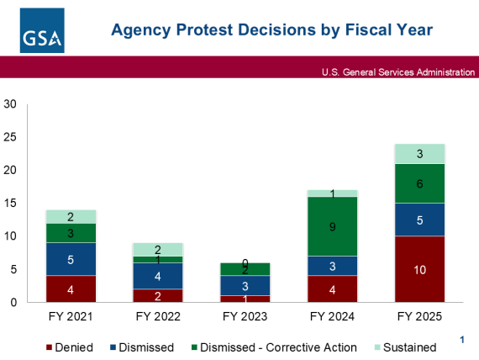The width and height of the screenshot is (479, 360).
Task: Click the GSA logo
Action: [43, 31]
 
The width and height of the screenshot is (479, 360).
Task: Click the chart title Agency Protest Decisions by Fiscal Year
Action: [272, 31]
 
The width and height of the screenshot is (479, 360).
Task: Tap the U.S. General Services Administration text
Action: [397, 72]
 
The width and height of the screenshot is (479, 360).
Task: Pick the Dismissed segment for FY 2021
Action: [71, 259]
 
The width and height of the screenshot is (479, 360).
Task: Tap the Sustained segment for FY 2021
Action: [71, 216]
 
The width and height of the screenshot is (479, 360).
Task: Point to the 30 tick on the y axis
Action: [10, 104]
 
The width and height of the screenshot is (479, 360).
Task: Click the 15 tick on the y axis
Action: [10, 204]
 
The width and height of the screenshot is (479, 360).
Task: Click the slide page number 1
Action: [461, 339]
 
